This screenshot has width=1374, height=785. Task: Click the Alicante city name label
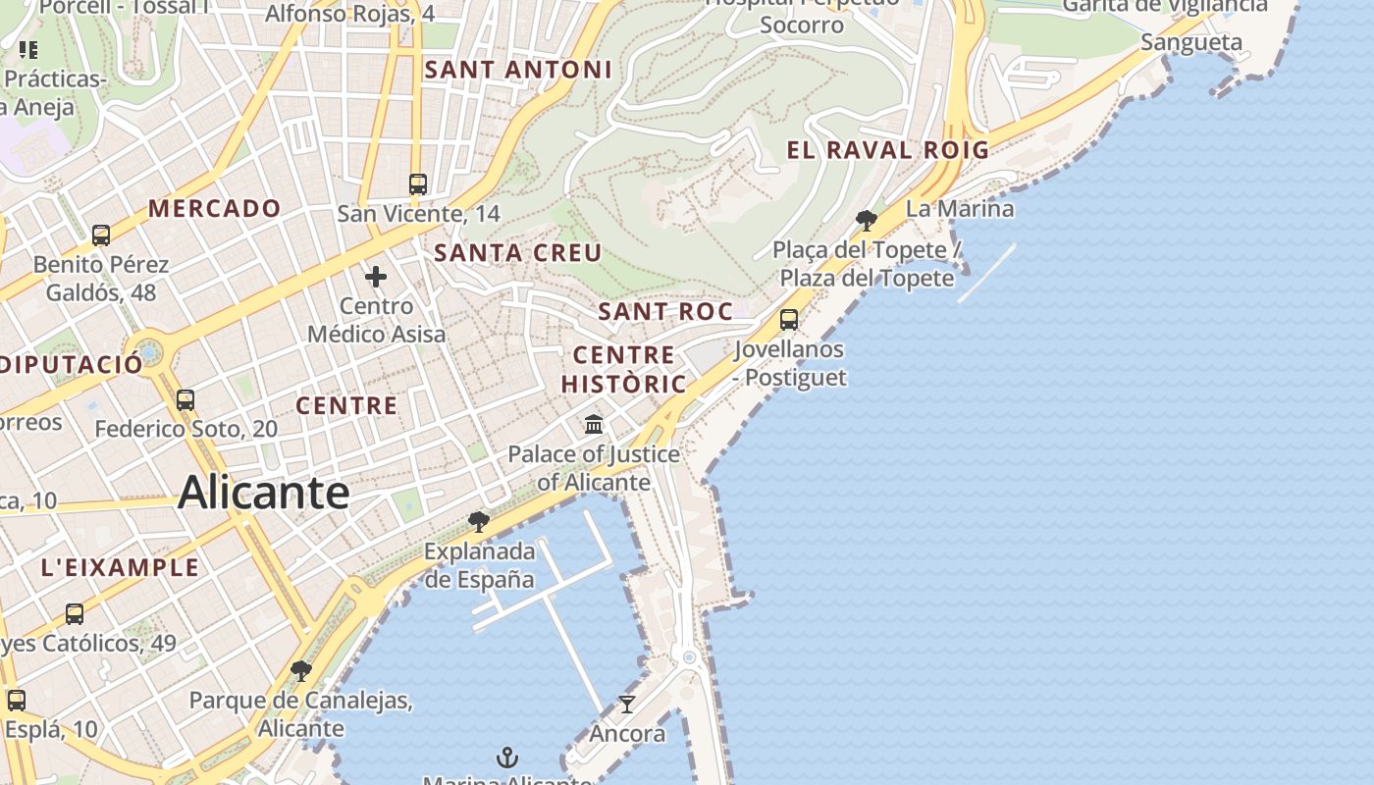pos(263,493)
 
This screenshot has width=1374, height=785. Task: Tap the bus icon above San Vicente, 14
pos(418,183)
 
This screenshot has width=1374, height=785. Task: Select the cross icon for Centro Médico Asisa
pos(376,277)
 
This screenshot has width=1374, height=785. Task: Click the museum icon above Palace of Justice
pos(594,424)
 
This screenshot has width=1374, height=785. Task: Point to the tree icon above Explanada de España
pos(479,521)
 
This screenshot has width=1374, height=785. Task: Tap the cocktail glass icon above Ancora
pos(627,704)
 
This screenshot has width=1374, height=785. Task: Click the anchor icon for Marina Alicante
pos(507,757)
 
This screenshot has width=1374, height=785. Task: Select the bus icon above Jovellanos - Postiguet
pos(789,319)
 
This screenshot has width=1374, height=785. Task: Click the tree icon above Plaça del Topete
pos(866,220)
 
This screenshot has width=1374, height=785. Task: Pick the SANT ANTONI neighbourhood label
pos(518,70)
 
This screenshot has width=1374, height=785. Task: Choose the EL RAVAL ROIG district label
pos(888,150)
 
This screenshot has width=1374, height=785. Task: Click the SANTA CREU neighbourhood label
pos(518,253)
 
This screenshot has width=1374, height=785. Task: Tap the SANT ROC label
pos(665,312)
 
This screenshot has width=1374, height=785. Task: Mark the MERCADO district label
pos(215,208)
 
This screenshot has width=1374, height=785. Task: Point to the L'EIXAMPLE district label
pos(120,567)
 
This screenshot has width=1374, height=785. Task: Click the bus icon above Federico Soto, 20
pos(185,399)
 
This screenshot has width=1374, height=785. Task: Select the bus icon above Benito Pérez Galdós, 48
pos(101,235)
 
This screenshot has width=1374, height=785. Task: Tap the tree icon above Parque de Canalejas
pos(301,671)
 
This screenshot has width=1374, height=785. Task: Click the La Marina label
pos(960,208)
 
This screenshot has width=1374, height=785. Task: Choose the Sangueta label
pos(1191,42)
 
